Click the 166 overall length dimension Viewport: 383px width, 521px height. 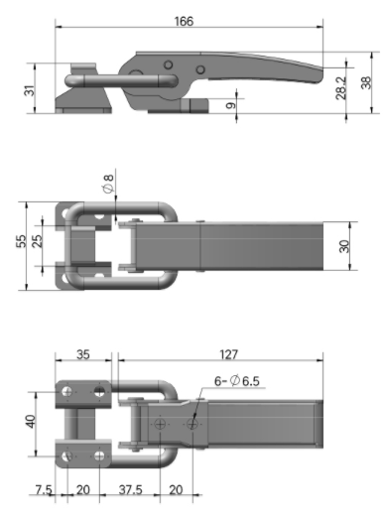pyautogui.click(x=184, y=21)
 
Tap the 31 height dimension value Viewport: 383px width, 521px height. pyautogui.click(x=30, y=90)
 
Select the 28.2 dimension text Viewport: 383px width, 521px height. pyautogui.click(x=340, y=88)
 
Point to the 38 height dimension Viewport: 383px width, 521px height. pyautogui.click(x=366, y=82)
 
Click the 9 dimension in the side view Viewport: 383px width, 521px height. pyautogui.click(x=230, y=105)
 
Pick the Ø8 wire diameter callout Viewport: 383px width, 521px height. pyautogui.click(x=108, y=184)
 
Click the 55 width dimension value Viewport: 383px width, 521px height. pyautogui.click(x=21, y=241)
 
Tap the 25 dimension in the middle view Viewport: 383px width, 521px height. pyautogui.click(x=38, y=241)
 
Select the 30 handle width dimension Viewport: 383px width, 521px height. pyautogui.click(x=344, y=246)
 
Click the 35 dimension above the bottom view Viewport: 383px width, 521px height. pyautogui.click(x=83, y=354)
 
